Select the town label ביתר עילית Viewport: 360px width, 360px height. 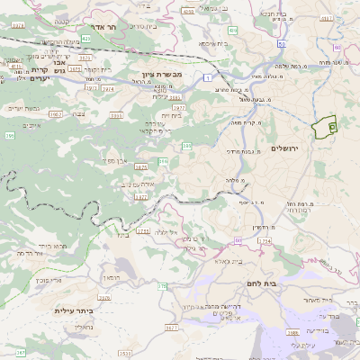coord(75,310)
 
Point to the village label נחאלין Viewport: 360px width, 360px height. coord(80,327)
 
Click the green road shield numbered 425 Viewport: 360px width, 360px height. coord(85,40)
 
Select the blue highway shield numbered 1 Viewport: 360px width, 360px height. coord(208,78)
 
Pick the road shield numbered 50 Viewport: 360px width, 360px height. coord(282,43)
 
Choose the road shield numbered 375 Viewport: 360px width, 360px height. coord(163,286)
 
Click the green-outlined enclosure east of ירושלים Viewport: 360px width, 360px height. coord(323,127)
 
